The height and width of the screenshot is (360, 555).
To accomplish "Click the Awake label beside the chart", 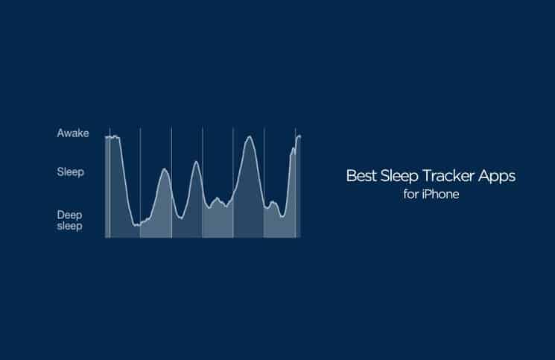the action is [x=73, y=133].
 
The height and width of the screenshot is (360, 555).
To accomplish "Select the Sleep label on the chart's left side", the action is [x=71, y=172].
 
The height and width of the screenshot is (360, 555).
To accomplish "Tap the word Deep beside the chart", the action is [x=69, y=215].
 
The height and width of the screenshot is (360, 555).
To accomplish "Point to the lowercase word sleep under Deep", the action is [x=69, y=226].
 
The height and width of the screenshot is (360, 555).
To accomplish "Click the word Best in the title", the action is [x=361, y=176].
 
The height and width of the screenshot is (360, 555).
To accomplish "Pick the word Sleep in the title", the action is [x=399, y=177].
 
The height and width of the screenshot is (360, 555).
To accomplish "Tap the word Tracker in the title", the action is [x=448, y=176].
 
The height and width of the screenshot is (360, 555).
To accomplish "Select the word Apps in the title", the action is [x=497, y=177].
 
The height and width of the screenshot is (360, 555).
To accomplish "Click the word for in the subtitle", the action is [x=410, y=195].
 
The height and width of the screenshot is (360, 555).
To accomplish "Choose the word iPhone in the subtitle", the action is [x=440, y=195].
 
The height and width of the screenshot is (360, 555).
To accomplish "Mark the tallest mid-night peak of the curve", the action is [x=250, y=136].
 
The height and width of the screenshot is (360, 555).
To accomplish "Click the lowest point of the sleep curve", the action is [x=136, y=225].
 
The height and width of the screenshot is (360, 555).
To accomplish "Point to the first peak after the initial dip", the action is [x=165, y=169].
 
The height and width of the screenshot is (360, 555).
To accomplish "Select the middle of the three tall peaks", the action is [x=197, y=162].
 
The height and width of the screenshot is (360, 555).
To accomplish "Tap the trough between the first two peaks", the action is [x=181, y=218].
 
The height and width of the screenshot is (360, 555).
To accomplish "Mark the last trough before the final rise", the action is [x=282, y=216].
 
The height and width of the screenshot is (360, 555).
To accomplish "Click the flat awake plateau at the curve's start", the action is [x=112, y=137].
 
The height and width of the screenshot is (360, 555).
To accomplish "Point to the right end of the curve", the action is [x=300, y=136].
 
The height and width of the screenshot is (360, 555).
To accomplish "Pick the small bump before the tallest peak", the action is [x=217, y=198].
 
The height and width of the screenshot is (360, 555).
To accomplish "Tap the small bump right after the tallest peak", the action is [x=272, y=202].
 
